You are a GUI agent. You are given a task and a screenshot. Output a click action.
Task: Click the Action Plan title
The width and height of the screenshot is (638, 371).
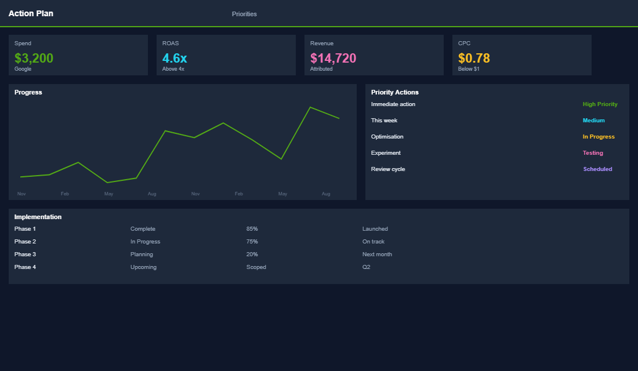[x=31, y=13]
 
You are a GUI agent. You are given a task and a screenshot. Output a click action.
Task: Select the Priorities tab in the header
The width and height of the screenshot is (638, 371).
[x=244, y=14]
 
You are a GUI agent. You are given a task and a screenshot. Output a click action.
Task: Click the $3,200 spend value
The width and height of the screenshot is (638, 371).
[x=34, y=58]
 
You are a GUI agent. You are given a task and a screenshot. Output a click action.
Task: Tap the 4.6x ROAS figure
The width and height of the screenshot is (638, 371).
[x=175, y=58]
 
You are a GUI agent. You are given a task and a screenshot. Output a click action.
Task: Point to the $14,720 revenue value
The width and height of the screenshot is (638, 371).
[x=333, y=58]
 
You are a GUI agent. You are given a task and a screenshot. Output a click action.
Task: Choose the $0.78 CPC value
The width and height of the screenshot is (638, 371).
[x=474, y=58]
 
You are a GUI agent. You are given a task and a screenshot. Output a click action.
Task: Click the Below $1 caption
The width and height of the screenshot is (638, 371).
[x=469, y=69]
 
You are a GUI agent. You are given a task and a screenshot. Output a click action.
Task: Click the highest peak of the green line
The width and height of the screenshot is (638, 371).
[x=310, y=107]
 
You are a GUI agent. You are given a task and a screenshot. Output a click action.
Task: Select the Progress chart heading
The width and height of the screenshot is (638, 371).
[x=28, y=92]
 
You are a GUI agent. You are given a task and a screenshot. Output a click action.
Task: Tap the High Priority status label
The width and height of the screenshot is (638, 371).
[x=600, y=104]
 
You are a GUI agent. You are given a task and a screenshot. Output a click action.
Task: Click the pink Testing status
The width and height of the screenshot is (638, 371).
[x=593, y=153]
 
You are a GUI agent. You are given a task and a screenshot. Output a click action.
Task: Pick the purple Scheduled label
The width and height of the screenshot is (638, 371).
[x=597, y=169]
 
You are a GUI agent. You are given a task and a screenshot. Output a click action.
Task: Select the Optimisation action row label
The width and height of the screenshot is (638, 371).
[x=387, y=137]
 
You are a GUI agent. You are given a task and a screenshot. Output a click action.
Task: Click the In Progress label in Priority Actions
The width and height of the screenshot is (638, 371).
[x=599, y=137]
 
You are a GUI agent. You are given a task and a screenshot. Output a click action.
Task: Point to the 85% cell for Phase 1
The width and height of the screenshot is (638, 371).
[x=252, y=229]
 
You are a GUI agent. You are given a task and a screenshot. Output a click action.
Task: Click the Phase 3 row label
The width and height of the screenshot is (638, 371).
[x=25, y=254]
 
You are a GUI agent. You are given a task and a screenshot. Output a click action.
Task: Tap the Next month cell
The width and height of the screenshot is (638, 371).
[x=377, y=254]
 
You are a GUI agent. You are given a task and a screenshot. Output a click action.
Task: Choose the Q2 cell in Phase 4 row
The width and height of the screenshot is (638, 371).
[x=366, y=267]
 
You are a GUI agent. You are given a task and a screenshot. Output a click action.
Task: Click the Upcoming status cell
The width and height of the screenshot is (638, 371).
[x=143, y=267]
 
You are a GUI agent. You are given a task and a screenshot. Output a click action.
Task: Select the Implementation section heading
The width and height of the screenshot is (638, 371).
[x=38, y=217]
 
